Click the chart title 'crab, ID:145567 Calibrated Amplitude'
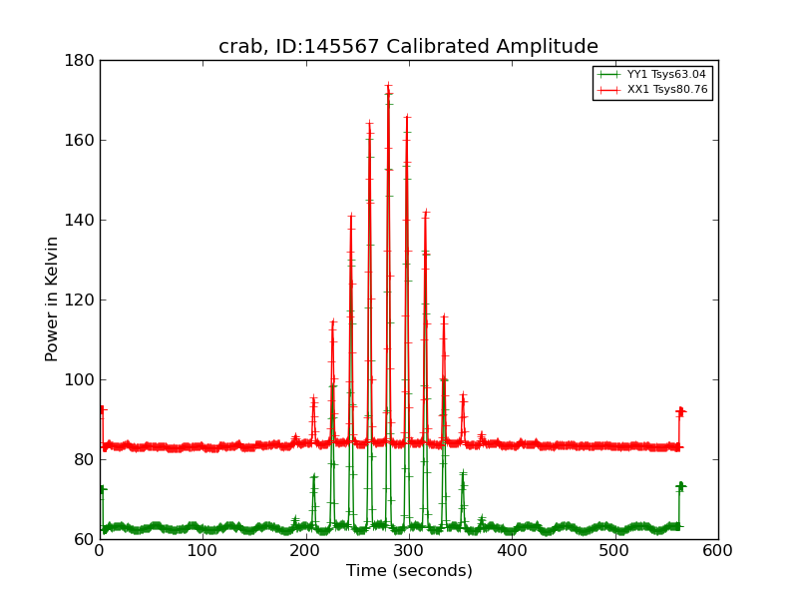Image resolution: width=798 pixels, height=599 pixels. (408, 47)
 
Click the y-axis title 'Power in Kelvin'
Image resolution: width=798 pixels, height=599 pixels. (52, 299)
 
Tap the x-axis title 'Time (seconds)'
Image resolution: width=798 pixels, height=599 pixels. (409, 571)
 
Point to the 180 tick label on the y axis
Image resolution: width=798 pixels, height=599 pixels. (82, 60)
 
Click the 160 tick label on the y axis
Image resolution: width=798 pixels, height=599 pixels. (82, 140)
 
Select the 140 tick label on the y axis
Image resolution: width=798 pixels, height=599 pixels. (82, 220)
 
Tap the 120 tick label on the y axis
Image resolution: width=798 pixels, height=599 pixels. (82, 299)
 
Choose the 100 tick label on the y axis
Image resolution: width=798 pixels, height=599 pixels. (82, 379)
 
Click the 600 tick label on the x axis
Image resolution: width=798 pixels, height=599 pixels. (717, 550)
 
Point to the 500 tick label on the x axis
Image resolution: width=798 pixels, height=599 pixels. (614, 550)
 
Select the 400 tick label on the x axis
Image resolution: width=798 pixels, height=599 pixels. (512, 550)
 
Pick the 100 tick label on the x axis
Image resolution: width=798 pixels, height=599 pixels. (202, 550)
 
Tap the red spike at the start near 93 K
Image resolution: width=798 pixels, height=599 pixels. (102, 408)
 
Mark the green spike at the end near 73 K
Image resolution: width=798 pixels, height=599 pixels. (680, 486)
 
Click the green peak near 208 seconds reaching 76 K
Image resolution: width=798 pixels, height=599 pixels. (313, 476)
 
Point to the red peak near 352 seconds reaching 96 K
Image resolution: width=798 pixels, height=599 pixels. (463, 396)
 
